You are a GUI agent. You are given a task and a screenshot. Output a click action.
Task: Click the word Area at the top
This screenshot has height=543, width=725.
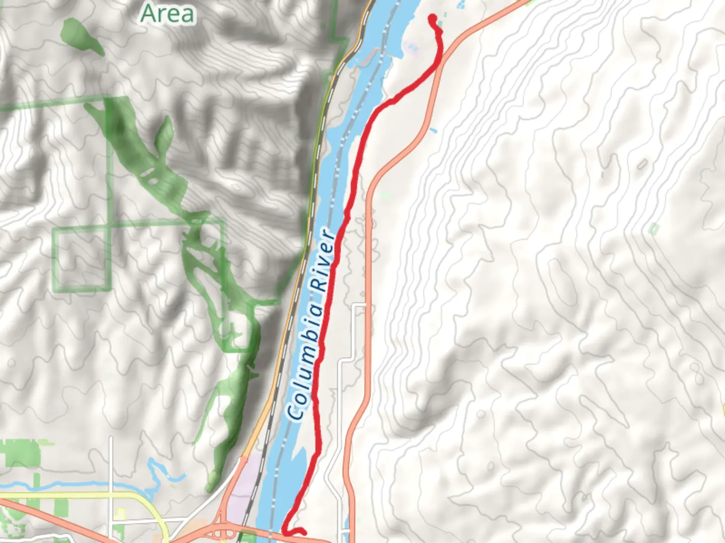167,14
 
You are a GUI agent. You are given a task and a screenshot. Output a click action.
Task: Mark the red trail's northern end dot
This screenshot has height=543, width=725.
432,19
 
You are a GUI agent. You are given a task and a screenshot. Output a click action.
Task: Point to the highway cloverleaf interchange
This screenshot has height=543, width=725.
221,530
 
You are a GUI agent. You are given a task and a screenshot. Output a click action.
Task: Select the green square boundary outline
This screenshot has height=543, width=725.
81,259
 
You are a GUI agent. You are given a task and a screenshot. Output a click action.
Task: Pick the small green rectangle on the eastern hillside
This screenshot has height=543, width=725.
654,229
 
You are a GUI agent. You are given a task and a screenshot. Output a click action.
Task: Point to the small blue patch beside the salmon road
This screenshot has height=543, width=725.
433,131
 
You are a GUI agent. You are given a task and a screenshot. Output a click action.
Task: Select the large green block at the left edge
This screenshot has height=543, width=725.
20,452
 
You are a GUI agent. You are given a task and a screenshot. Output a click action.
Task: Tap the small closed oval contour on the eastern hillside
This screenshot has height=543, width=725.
642,164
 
